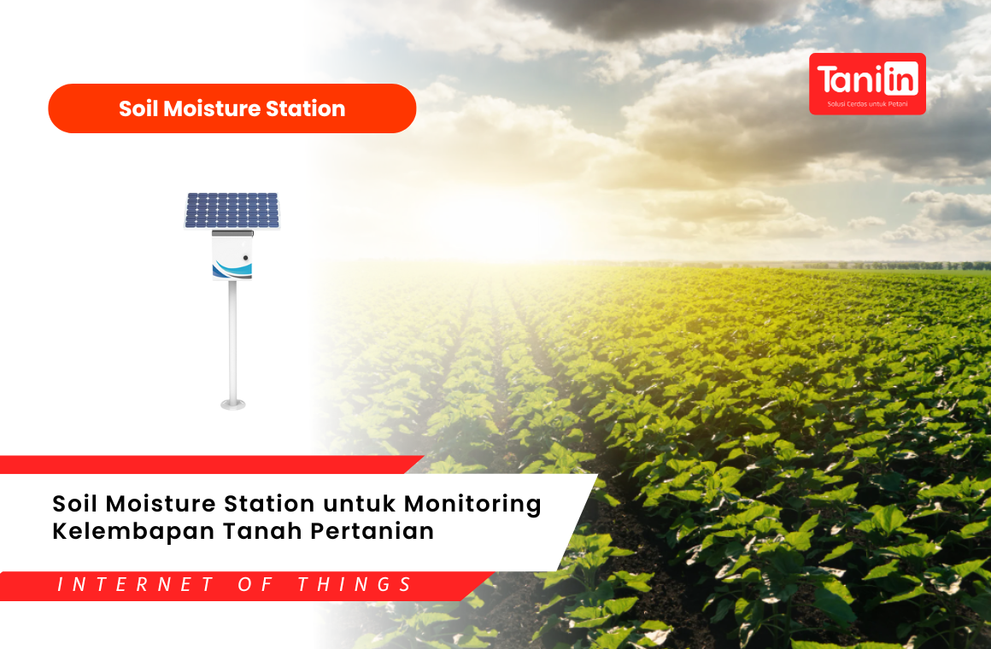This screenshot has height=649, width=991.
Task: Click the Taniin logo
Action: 867,84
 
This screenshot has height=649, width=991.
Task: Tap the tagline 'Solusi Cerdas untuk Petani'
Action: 867,104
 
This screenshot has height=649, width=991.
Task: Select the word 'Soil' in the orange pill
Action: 138,108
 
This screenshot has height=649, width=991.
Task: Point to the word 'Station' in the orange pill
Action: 305,108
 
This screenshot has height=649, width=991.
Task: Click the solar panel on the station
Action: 232,210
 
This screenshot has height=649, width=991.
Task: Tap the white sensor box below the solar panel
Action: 232,255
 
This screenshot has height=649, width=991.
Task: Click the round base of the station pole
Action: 232,404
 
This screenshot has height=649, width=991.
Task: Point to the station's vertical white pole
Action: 232,342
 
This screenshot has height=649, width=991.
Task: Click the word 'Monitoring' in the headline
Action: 472,505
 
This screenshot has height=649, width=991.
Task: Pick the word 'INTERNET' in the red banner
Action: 136,585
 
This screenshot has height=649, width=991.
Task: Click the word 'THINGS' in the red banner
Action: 355,585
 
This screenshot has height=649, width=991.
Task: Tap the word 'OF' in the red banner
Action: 255,585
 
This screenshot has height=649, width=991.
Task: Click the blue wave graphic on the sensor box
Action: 232,270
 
